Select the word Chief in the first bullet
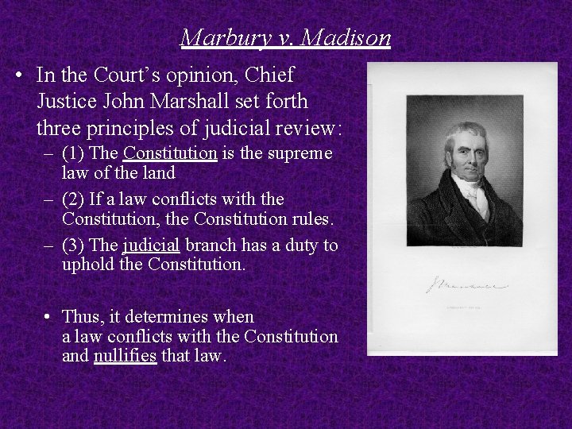(270, 75)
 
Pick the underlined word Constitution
(171, 153)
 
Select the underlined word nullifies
(126, 357)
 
